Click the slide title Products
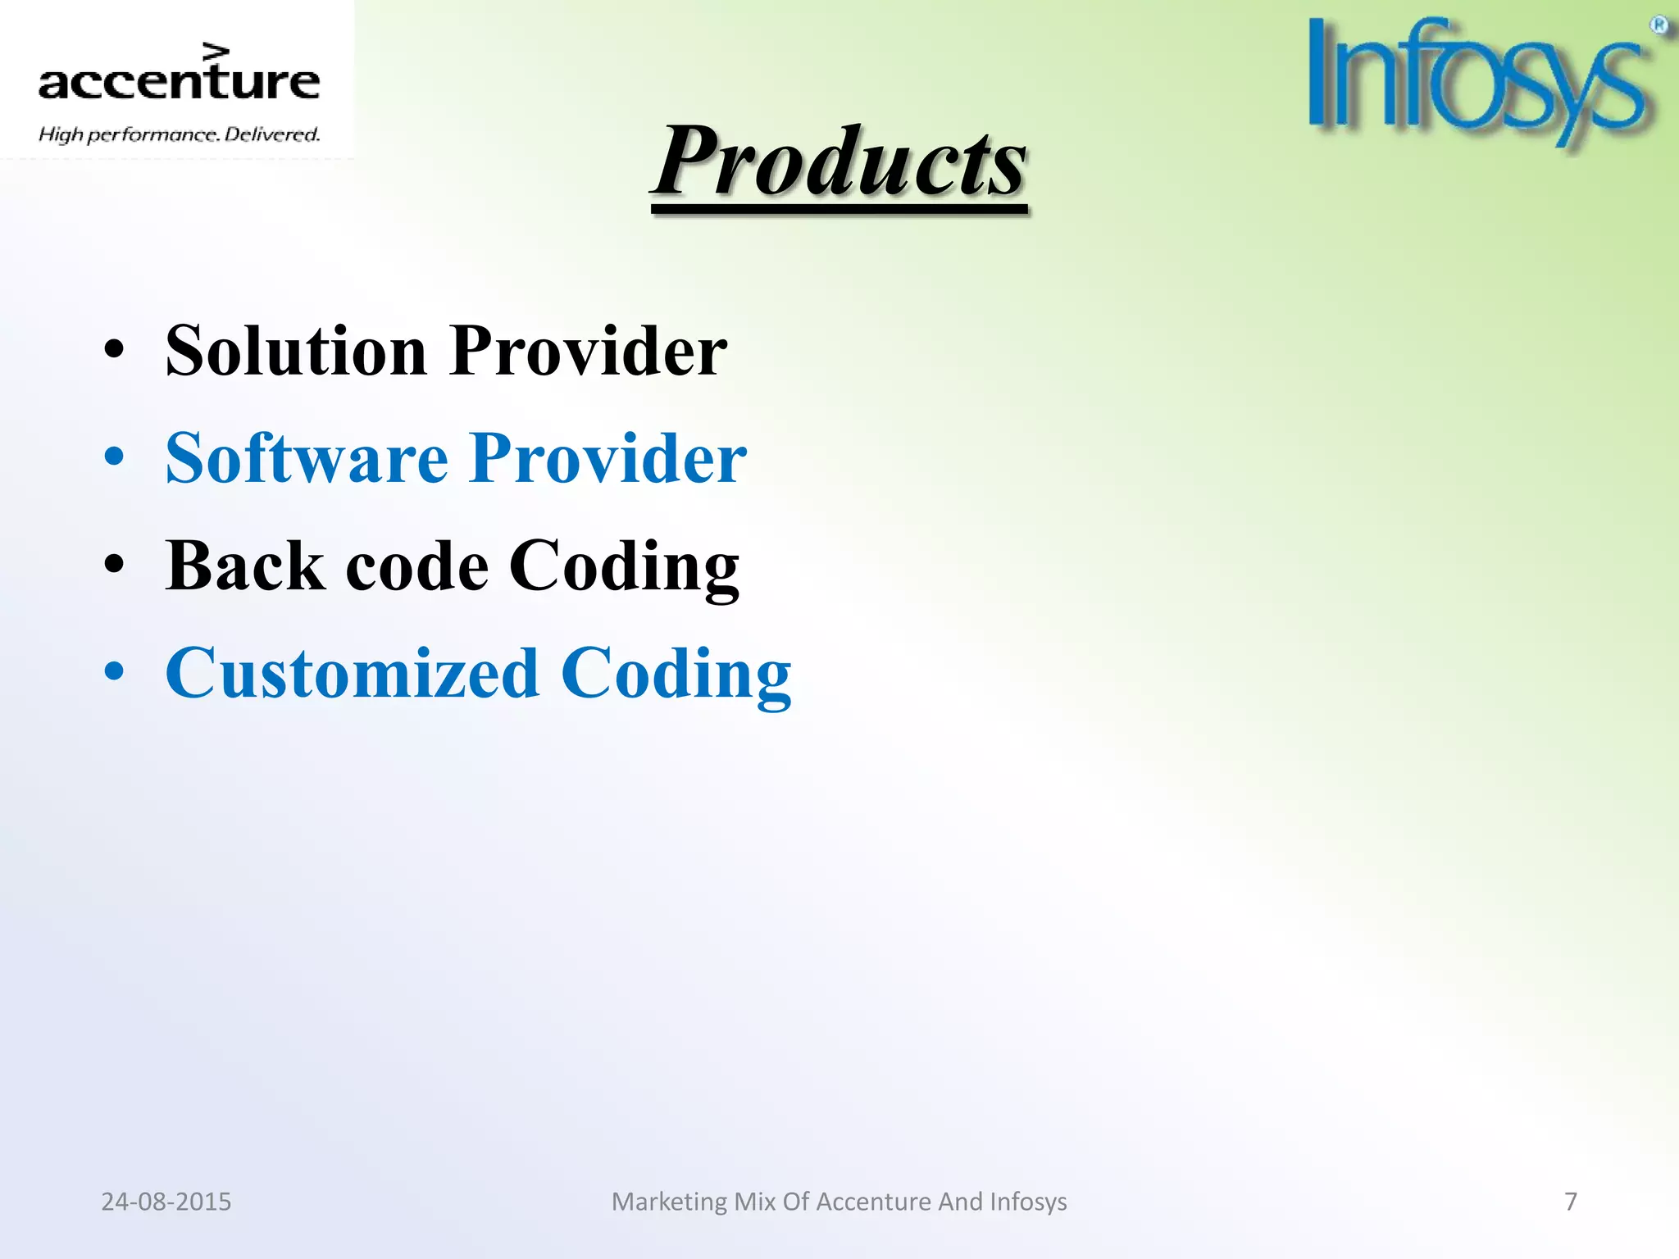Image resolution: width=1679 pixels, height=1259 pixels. pyautogui.click(x=839, y=162)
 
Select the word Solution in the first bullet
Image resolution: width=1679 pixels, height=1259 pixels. pyautogui.click(x=296, y=351)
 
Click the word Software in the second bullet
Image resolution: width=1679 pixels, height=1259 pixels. pyautogui.click(x=307, y=458)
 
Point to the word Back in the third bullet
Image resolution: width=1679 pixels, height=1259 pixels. pyautogui.click(x=245, y=566)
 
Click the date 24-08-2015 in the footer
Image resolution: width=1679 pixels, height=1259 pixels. pyautogui.click(x=166, y=1202)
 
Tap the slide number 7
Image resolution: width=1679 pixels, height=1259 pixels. pyautogui.click(x=1571, y=1202)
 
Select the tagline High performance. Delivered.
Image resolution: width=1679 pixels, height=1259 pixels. pyautogui.click(x=179, y=134)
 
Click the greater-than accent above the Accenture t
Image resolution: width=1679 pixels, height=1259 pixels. pyautogui.click(x=216, y=52)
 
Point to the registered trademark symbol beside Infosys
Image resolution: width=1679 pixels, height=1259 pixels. pyautogui.click(x=1659, y=25)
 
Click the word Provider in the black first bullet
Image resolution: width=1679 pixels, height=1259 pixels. pyautogui.click(x=589, y=351)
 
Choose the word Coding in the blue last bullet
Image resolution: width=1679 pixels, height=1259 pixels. pyautogui.click(x=676, y=673)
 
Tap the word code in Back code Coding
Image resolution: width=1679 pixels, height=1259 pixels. pyautogui.click(x=417, y=566)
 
